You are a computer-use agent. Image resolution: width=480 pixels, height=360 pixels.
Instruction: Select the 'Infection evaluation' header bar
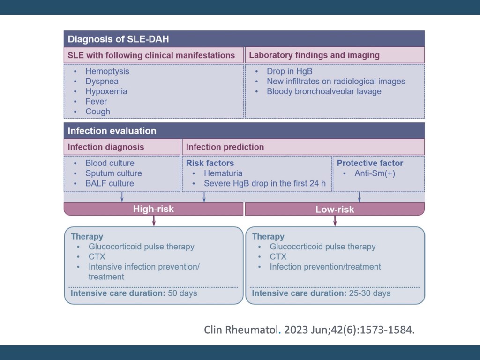(112, 131)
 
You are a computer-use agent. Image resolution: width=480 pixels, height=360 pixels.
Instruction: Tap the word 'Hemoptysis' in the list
(107, 71)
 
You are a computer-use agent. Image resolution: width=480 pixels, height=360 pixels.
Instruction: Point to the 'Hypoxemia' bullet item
(106, 91)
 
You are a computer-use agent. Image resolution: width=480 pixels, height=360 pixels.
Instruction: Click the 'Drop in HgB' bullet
(289, 71)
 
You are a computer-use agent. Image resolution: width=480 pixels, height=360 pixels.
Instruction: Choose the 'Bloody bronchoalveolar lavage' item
(324, 91)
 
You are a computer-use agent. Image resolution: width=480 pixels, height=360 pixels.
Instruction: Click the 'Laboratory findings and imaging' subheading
(314, 55)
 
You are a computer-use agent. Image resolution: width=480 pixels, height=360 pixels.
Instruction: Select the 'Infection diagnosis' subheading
(106, 147)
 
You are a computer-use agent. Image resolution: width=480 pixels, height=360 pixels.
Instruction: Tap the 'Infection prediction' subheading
(225, 147)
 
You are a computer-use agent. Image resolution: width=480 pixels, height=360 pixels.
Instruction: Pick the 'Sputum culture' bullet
(113, 173)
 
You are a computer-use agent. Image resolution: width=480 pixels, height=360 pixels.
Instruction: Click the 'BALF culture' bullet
(110, 183)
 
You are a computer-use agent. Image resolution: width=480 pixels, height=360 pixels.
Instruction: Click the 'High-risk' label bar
(153, 209)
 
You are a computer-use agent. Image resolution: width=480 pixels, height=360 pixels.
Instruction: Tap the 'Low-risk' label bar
(335, 209)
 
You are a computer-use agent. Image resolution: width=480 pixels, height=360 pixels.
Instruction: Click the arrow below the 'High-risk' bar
(154, 221)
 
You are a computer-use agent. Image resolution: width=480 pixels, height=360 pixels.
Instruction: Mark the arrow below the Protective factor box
(360, 196)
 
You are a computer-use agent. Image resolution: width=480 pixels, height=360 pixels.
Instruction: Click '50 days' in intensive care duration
(182, 293)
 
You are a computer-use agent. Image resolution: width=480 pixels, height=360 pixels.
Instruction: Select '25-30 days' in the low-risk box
(369, 293)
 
